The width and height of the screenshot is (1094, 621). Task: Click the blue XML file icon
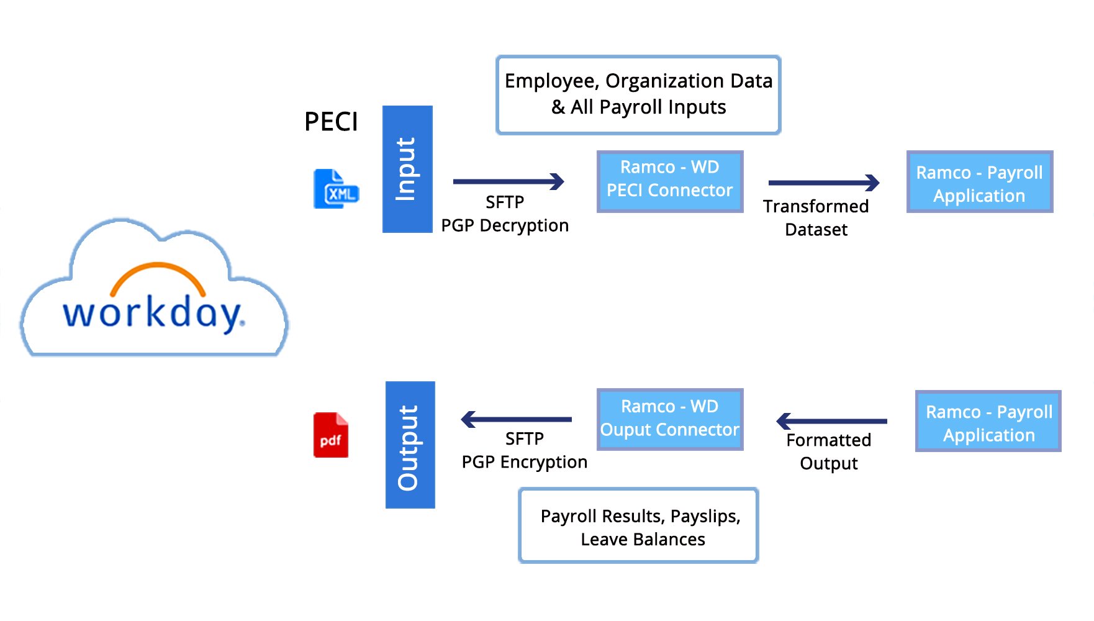pos(336,189)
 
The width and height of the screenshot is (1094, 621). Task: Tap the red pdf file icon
pos(330,435)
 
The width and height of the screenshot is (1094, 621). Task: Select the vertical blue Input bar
pos(407,169)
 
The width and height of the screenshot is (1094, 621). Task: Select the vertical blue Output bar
pos(410,445)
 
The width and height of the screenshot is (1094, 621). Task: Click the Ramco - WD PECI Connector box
pos(669,181)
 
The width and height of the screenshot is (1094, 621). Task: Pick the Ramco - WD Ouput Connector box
pos(669,419)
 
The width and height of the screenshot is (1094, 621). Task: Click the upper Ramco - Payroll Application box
pos(979,182)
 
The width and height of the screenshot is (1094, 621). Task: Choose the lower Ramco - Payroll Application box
pos(988,421)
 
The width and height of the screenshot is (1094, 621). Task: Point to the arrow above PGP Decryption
pos(508,181)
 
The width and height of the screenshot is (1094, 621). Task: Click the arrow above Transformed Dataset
pos(823,183)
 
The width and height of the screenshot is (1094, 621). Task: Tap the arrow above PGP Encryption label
pos(516,419)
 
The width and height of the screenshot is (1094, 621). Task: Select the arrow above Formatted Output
pos(831,421)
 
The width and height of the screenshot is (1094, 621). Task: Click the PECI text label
pos(331,122)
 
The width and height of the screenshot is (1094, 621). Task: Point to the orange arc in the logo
pos(158,274)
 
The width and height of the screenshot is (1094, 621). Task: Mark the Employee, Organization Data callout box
pos(638,94)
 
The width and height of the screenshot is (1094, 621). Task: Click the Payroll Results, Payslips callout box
pos(638,525)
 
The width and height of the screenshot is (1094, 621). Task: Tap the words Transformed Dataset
pos(816,217)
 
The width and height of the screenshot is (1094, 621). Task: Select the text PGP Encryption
pos(524,462)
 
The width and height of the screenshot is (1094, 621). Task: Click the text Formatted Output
pos(828,451)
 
